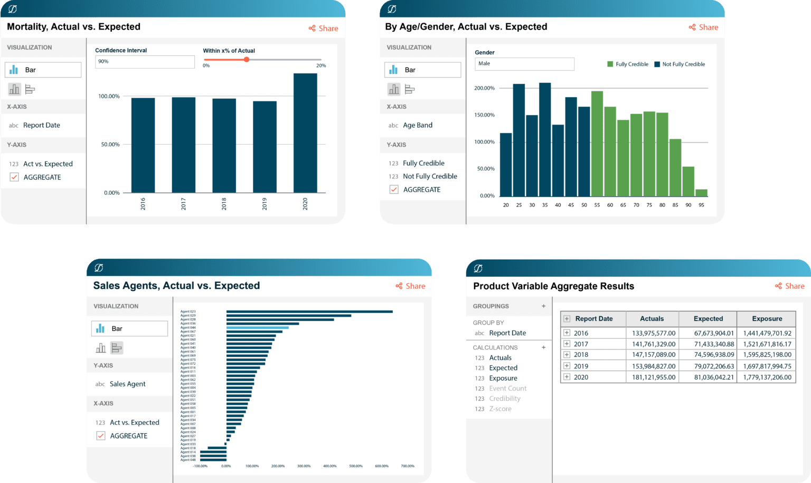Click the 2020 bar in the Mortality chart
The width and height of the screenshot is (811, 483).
pos(305,133)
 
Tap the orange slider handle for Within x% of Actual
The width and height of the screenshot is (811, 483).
pos(247,60)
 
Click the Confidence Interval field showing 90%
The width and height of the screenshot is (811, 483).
pos(144,62)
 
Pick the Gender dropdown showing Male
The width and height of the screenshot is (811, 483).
pos(524,64)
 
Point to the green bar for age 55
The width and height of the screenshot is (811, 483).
pos(597,144)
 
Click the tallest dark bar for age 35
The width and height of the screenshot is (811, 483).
pos(545,139)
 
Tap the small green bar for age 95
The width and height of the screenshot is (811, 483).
pos(701,193)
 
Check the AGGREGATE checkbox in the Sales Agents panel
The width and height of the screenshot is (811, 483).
pos(101,436)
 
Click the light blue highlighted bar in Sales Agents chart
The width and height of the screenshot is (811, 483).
pos(257,328)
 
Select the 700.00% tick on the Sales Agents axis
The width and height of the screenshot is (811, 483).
pos(408,466)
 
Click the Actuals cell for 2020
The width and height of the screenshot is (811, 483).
pos(654,377)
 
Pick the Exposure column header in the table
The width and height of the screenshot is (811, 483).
pos(767,319)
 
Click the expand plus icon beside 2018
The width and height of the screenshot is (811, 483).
pos(567,355)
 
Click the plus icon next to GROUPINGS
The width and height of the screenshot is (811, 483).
pos(543,306)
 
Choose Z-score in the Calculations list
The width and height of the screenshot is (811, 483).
pos(500,409)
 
